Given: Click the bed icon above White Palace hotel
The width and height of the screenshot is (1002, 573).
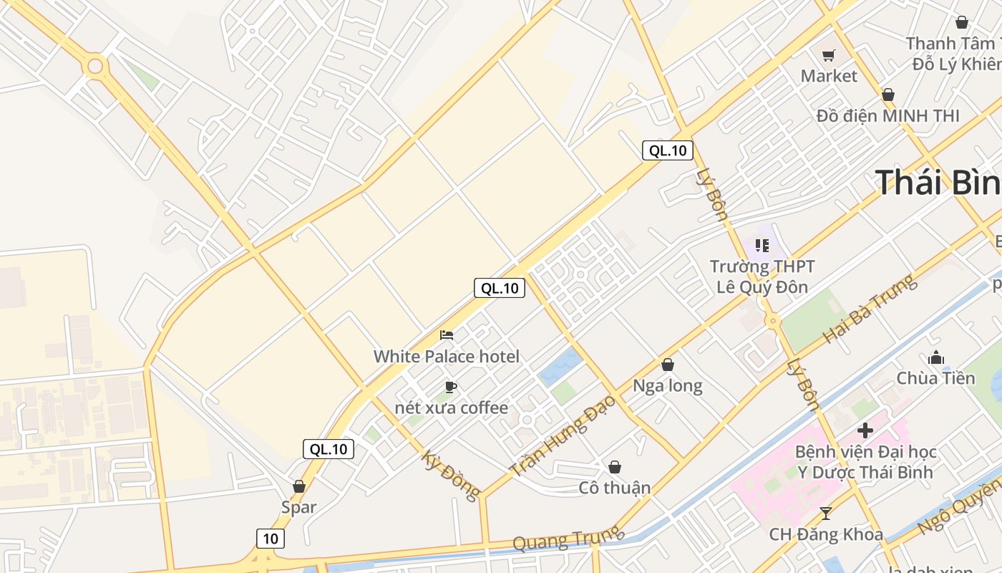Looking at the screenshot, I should [447, 334].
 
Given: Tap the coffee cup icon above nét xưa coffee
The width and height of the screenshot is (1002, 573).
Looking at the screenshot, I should [450, 387].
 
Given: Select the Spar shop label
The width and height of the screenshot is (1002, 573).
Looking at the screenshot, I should [298, 507].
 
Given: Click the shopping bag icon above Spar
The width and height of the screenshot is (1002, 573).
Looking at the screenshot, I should [298, 486].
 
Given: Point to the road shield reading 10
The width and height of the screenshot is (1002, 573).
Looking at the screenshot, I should [271, 539].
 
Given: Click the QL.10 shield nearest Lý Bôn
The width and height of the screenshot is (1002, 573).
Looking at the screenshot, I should [667, 150].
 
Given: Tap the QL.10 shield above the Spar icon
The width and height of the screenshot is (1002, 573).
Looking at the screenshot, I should [329, 449].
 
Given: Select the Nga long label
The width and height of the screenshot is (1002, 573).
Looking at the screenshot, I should [668, 386].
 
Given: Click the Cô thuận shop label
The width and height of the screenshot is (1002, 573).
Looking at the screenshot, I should [615, 488].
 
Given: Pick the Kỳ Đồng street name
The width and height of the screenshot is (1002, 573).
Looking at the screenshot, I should [451, 476].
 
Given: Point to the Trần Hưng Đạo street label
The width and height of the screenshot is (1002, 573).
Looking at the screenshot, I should [562, 436].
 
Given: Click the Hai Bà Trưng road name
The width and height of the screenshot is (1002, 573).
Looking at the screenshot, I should [870, 309].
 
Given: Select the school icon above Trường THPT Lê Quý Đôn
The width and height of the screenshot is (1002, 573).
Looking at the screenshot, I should [762, 246].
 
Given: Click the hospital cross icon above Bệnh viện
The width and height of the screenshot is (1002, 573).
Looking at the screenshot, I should [865, 430].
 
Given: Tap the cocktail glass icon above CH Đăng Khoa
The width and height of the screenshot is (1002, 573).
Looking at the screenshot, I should [826, 514].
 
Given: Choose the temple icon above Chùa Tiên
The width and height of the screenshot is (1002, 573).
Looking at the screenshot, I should [935, 357].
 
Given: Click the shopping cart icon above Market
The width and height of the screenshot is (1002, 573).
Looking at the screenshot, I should [828, 55].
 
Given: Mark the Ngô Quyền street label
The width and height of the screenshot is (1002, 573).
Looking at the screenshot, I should [959, 506].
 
